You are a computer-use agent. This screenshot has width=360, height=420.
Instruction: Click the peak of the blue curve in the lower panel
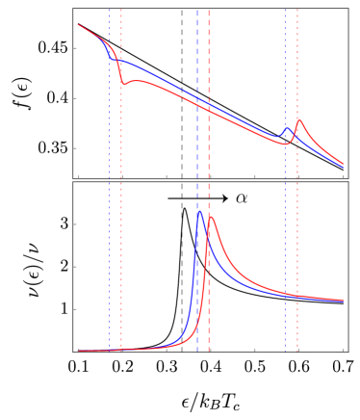pyautogui.click(x=199, y=211)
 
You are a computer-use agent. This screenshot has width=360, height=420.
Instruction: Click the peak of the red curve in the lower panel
pyautogui.click(x=210, y=217)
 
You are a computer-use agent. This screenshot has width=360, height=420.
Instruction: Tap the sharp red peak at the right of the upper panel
pyautogui.click(x=298, y=120)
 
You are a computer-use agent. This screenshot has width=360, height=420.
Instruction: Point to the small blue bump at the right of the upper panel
pyautogui.click(x=286, y=128)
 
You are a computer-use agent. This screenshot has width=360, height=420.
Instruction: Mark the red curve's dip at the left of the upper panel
pyautogui.click(x=123, y=85)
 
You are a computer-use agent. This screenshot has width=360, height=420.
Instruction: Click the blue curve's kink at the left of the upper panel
pyautogui.click(x=112, y=59)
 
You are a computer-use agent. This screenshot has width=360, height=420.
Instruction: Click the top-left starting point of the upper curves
pyautogui.click(x=79, y=25)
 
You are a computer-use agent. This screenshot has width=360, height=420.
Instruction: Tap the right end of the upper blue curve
pyautogui.click(x=343, y=167)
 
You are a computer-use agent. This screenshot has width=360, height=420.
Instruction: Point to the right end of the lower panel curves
pyautogui.click(x=343, y=301)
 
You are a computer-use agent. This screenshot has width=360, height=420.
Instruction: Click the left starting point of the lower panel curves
pyautogui.click(x=79, y=351)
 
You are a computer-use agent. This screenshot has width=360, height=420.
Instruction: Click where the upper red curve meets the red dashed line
pyautogui.click(x=209, y=109)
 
